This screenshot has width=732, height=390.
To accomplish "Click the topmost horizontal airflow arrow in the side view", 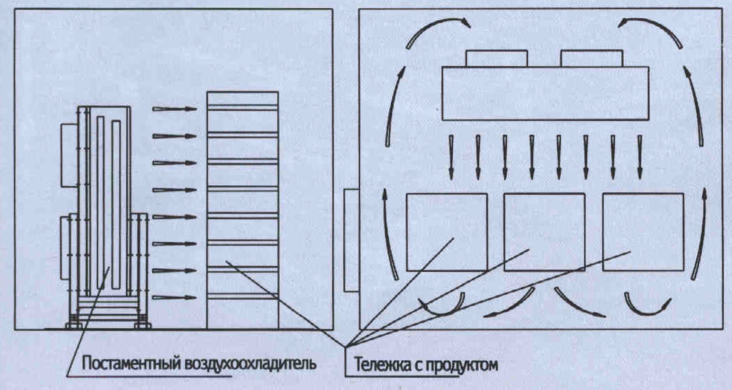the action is [174, 109].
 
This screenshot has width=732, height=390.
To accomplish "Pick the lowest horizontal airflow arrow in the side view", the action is [174, 297].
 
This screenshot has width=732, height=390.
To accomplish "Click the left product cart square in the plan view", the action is [447, 232].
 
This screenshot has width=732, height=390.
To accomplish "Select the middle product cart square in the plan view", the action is [544, 232].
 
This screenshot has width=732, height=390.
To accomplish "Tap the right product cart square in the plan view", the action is [643, 232].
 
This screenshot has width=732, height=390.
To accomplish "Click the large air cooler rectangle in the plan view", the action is [545, 93].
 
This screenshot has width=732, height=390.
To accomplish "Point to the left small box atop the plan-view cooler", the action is [497, 58].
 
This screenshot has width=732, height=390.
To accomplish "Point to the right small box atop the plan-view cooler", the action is [592, 58].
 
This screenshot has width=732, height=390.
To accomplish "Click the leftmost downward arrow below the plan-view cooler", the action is [451, 157].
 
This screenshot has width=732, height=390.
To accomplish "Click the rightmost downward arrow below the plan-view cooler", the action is [640, 157].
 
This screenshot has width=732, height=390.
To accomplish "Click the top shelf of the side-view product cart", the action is [243, 108].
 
